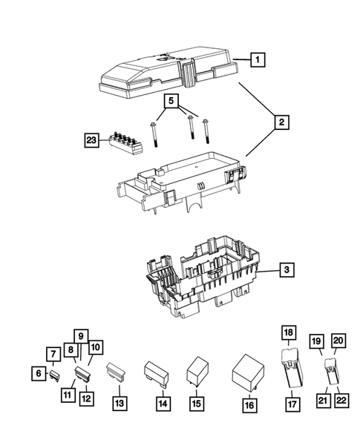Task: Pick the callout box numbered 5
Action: (x=171, y=99)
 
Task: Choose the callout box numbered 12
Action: (x=88, y=398)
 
